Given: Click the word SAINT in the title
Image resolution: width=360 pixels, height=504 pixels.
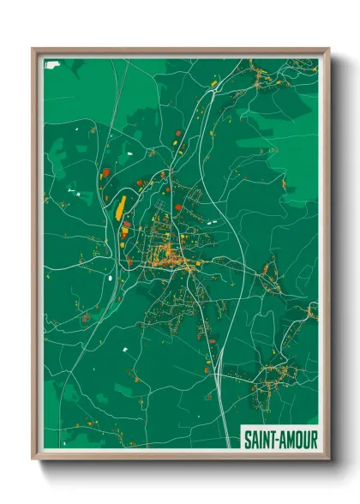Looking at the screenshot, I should [260, 438].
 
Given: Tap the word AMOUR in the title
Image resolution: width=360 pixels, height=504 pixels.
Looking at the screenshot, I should [297, 438].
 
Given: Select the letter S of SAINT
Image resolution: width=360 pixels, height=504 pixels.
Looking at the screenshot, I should [248, 438].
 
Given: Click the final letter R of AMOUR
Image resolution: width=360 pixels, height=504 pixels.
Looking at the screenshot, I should [313, 438].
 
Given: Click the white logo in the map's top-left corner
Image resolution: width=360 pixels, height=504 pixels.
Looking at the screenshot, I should [51, 64].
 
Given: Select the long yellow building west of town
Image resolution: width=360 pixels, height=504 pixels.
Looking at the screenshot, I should [120, 207].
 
